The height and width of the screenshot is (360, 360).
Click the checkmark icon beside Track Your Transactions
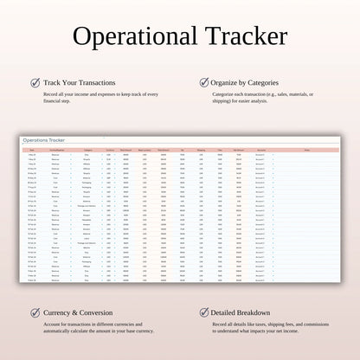click(35, 83)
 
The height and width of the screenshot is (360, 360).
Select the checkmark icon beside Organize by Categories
click(203, 83)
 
